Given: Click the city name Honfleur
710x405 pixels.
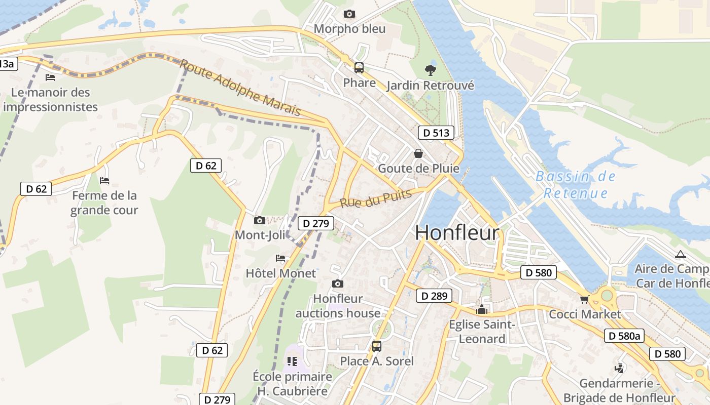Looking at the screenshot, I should (x=457, y=233).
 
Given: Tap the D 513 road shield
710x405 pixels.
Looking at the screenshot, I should (x=436, y=133).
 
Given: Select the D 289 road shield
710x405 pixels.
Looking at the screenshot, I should (x=434, y=296).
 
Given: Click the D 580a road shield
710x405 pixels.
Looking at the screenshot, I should (x=624, y=336).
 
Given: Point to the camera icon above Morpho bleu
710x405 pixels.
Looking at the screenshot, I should (x=349, y=14).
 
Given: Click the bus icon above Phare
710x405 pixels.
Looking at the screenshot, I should (x=359, y=67).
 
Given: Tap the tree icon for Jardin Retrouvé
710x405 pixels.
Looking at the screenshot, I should (x=431, y=70).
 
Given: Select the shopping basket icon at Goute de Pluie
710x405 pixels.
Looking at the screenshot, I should (x=418, y=153).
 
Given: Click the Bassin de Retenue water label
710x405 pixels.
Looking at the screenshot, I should (x=576, y=185).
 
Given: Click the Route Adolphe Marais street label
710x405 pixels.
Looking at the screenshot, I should (x=240, y=88).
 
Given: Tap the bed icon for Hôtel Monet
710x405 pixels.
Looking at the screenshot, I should (x=280, y=258).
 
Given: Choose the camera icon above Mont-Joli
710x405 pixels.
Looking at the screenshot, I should (x=260, y=220).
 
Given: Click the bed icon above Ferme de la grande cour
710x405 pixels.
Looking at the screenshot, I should (x=104, y=180).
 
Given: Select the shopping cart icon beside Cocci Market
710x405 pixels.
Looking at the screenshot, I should (x=585, y=299).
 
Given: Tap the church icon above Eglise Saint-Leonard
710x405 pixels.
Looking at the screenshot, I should (x=482, y=309).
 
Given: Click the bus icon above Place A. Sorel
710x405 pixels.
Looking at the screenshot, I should (x=376, y=346).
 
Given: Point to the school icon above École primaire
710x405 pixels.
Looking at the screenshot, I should (x=292, y=361).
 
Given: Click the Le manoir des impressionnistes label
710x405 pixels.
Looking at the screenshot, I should (x=50, y=100).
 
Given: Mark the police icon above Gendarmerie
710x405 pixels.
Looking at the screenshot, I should (x=619, y=368).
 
